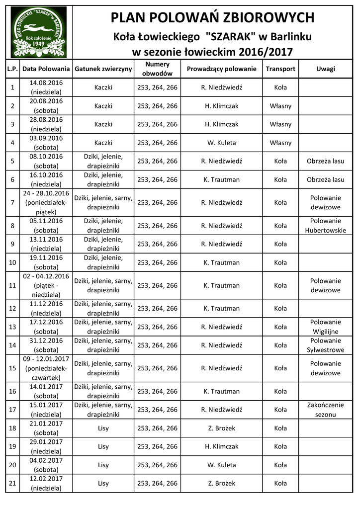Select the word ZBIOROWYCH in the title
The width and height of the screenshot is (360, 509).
(267, 18)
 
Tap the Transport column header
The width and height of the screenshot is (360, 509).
(280, 69)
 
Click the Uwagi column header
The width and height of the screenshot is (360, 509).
(326, 69)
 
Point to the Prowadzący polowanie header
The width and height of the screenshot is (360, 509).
(222, 69)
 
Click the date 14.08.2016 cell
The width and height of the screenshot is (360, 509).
(46, 83)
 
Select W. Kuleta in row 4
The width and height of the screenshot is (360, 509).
(222, 143)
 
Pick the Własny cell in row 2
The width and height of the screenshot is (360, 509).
(280, 106)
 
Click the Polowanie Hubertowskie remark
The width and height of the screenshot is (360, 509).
(326, 226)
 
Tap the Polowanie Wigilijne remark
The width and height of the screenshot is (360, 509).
(326, 327)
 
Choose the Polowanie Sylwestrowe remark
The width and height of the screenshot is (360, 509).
(326, 345)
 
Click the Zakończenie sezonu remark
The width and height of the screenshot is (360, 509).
(326, 410)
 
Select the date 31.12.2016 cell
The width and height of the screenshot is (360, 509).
(46, 340)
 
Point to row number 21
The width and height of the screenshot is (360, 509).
(13, 483)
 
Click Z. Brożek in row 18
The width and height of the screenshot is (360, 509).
(222, 428)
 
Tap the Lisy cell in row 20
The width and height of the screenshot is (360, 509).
(103, 465)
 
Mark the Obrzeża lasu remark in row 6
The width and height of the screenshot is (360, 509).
(326, 179)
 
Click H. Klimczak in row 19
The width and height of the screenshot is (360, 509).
(222, 446)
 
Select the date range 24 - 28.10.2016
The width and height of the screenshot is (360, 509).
(46, 193)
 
